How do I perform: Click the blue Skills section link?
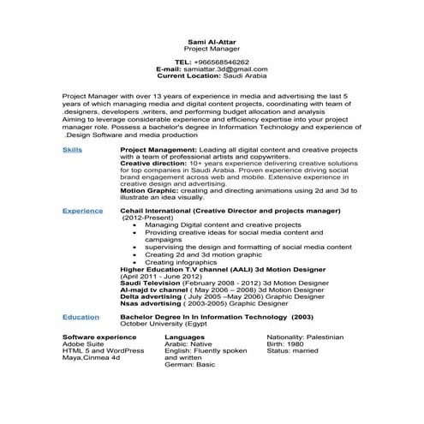tap(73, 149)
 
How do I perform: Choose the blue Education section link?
tap(81, 316)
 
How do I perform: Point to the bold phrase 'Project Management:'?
tap(153, 149)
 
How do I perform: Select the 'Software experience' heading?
tap(100, 337)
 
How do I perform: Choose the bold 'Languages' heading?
tap(185, 337)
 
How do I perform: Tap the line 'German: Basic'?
tap(189, 364)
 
